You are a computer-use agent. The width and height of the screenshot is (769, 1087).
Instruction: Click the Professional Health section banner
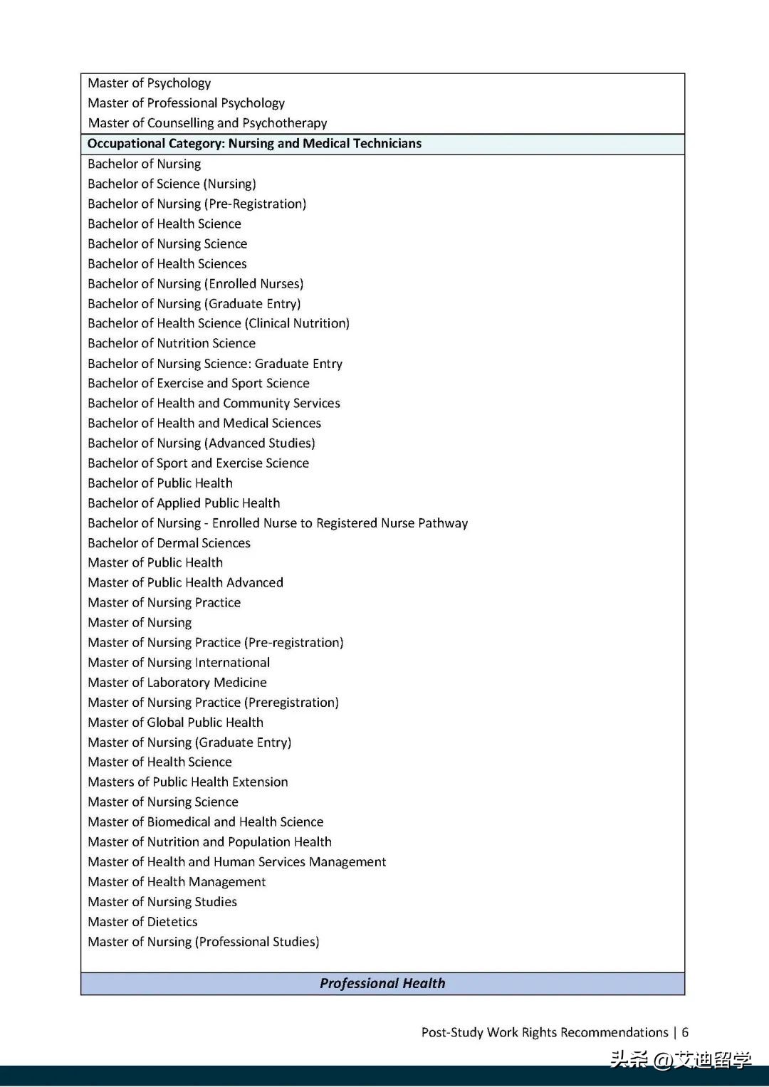coord(382,983)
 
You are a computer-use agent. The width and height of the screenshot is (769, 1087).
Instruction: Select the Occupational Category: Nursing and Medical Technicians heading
coord(254,144)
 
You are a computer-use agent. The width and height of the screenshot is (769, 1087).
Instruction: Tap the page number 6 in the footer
coord(685,1032)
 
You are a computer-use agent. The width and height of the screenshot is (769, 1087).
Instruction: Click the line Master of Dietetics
coord(142,922)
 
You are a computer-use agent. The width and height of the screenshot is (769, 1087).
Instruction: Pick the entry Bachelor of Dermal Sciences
coord(169,543)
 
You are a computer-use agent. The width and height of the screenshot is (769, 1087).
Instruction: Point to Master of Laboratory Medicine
coord(177,683)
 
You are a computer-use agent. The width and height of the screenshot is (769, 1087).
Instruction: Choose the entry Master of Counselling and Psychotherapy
coord(207,123)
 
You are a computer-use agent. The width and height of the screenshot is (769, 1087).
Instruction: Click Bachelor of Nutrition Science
coord(172,343)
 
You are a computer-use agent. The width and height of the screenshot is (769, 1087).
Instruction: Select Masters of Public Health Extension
coord(188,782)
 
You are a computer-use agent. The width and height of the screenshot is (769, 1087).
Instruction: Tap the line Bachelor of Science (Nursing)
coord(172,184)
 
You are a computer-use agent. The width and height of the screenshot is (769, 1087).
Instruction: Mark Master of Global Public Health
coord(175,723)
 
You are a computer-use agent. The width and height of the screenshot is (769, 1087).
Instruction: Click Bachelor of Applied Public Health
coord(184,503)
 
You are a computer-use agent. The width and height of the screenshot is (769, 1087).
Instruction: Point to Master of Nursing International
coord(179,663)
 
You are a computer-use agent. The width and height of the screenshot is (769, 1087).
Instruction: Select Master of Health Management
coord(177,882)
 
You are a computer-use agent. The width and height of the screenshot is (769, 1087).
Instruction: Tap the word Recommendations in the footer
coord(613,1032)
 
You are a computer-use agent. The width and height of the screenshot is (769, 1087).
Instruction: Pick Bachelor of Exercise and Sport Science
coord(199,384)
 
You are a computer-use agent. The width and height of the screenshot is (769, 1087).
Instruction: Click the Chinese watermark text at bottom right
coord(680,1060)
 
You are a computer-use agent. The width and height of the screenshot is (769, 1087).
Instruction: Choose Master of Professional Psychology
coord(186,103)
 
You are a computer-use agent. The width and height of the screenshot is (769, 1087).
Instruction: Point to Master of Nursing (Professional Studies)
coord(204,942)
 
